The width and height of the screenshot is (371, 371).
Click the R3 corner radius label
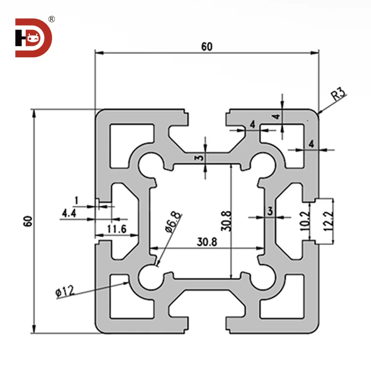click(x=338, y=94)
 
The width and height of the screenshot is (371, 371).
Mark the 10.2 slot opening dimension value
click(x=305, y=220)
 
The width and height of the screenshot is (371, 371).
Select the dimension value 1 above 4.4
click(x=76, y=200)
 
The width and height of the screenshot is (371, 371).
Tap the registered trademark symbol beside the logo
click(x=51, y=19)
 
